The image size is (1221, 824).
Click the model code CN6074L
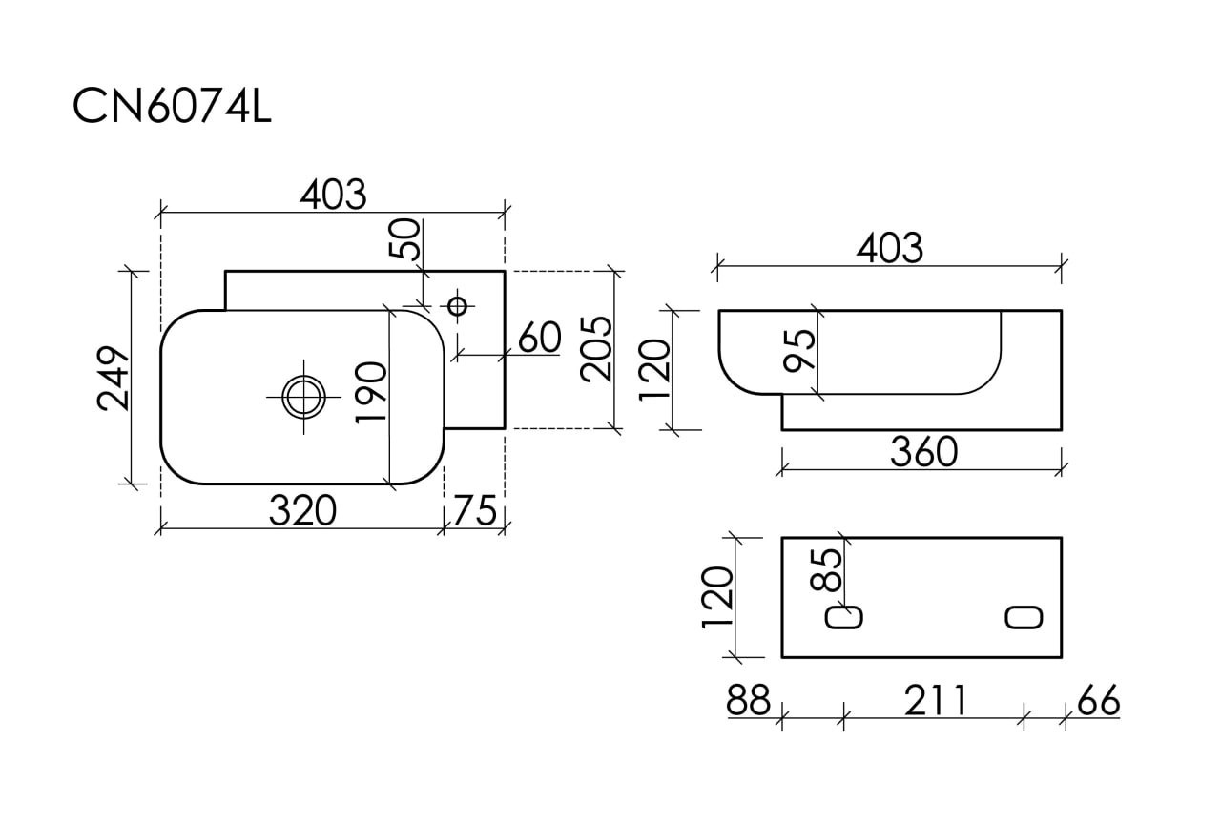point(173,107)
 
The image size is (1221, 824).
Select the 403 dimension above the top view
point(333,195)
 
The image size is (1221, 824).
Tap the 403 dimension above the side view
point(889,248)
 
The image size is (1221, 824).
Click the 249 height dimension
point(114,379)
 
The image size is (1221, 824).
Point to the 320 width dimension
point(302,512)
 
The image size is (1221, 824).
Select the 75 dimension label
point(475,512)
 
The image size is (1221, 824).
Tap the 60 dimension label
point(540,338)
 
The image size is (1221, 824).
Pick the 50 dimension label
point(405,238)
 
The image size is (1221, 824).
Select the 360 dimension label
point(923,452)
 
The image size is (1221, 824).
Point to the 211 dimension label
point(934,701)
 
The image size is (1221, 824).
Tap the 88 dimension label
point(748,701)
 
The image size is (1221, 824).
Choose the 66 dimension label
point(1098,701)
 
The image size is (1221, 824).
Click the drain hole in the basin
point(303,395)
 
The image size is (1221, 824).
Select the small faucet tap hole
point(457,305)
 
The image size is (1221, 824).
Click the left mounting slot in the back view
point(844,617)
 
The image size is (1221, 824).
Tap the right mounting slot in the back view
point(1024,617)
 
